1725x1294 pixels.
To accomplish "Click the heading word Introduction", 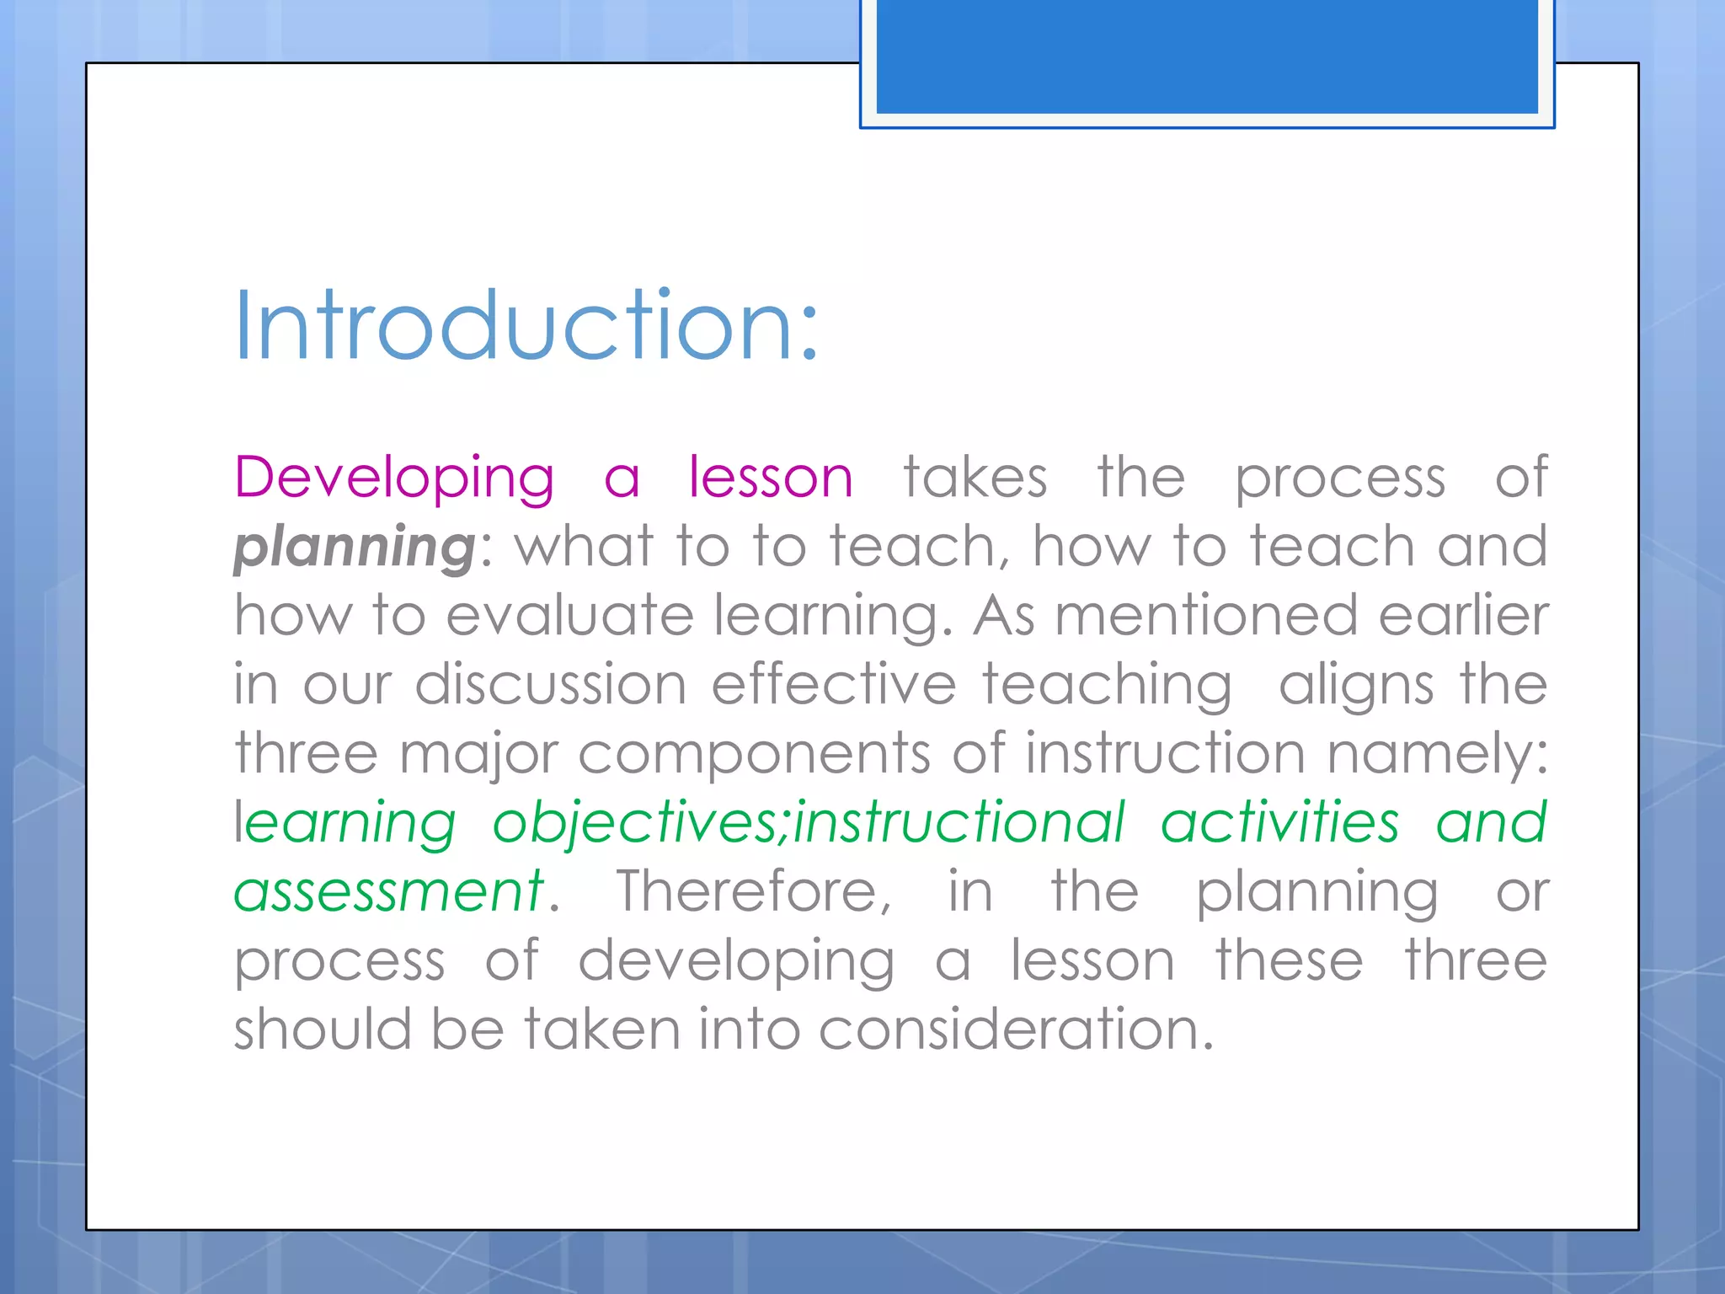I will pyautogui.click(x=526, y=326).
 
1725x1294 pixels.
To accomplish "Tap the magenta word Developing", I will pyautogui.click(x=393, y=479).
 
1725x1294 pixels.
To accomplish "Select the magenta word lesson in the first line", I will pyautogui.click(x=771, y=479).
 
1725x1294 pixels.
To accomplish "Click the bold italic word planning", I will pyautogui.click(x=355, y=548).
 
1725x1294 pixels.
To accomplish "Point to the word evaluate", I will pyautogui.click(x=569, y=615).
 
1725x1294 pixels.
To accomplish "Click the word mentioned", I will pyautogui.click(x=1206, y=615).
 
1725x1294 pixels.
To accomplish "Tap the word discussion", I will pyautogui.click(x=551, y=684).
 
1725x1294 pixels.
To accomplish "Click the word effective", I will pyautogui.click(x=834, y=684).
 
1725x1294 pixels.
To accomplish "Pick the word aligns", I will pyautogui.click(x=1355, y=686).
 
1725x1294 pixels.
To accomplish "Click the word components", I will pyautogui.click(x=754, y=753).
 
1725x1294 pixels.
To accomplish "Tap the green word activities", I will pyautogui.click(x=1279, y=822).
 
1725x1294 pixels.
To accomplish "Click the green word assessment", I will pyautogui.click(x=388, y=891).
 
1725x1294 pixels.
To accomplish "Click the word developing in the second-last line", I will pyautogui.click(x=736, y=962).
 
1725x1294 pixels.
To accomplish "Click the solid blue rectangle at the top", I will pyautogui.click(x=1206, y=56).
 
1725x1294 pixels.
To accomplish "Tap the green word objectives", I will pyautogui.click(x=640, y=822).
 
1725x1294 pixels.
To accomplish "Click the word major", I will pyautogui.click(x=478, y=755).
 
